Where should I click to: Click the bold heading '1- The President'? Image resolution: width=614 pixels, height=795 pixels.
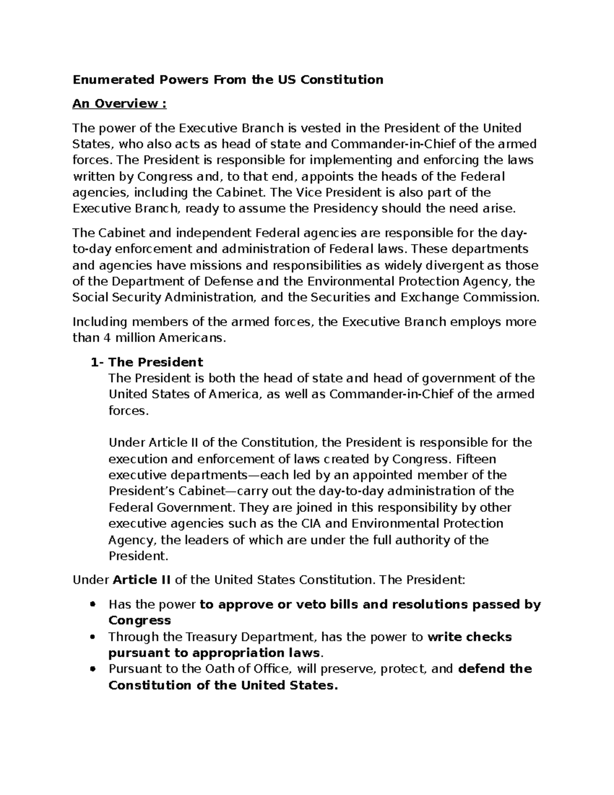(x=146, y=362)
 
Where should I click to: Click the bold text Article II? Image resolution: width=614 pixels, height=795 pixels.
(x=142, y=580)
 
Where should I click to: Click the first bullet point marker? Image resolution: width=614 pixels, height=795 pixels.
(x=93, y=605)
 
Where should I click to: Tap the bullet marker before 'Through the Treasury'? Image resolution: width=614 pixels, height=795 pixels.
(x=93, y=637)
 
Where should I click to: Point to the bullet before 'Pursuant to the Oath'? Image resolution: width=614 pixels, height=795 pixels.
(x=93, y=669)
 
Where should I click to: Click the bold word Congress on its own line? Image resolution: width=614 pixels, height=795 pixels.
(x=139, y=620)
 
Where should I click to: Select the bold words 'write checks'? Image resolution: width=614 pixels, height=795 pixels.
(x=469, y=637)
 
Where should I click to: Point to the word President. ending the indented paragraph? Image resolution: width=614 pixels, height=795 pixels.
(x=138, y=556)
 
